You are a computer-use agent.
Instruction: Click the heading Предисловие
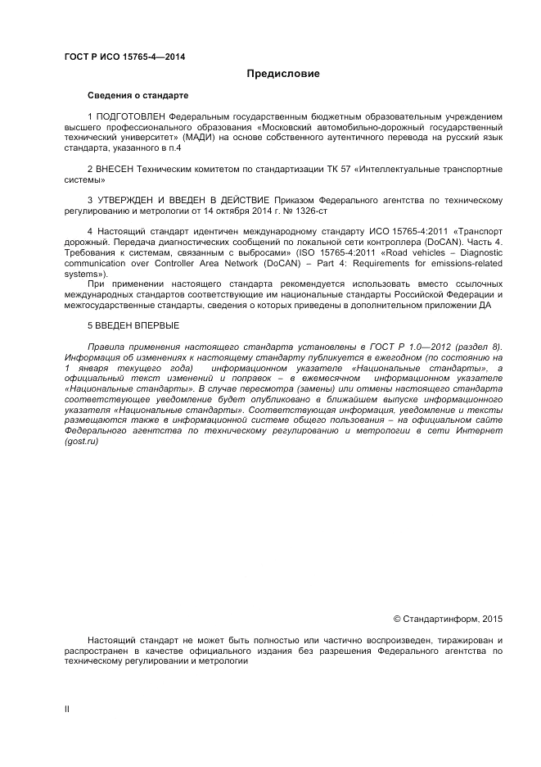click(x=283, y=75)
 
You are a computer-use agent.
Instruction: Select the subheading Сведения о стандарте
click(x=138, y=96)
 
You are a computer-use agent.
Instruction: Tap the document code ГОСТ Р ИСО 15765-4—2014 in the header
click(x=124, y=56)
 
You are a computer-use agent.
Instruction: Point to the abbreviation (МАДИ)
click(x=201, y=138)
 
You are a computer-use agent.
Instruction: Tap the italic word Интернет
click(x=481, y=431)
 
